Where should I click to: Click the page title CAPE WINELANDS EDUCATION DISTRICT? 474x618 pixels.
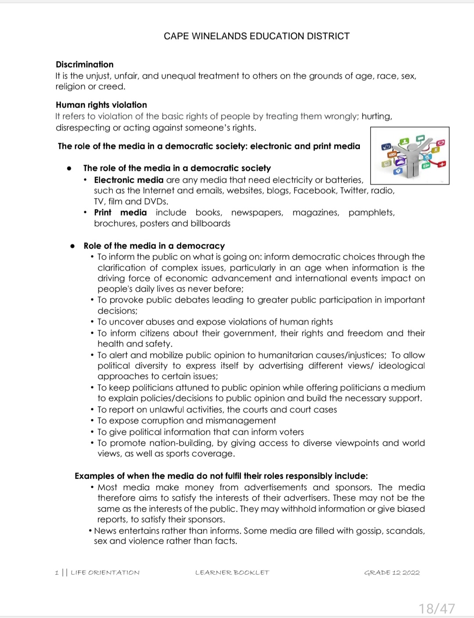coord(256,36)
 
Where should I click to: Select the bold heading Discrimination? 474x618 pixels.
coord(84,65)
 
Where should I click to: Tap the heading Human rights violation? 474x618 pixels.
coord(101,105)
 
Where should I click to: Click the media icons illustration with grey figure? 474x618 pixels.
coord(409,156)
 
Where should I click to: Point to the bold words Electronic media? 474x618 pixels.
coord(128,180)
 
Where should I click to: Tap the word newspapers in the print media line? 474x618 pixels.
coord(257,213)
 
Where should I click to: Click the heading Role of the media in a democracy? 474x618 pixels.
coord(154,246)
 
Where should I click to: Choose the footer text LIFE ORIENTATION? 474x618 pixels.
coord(105,573)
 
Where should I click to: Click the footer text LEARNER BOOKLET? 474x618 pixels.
coord(232,573)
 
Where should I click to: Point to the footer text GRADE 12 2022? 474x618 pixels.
coord(391,573)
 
